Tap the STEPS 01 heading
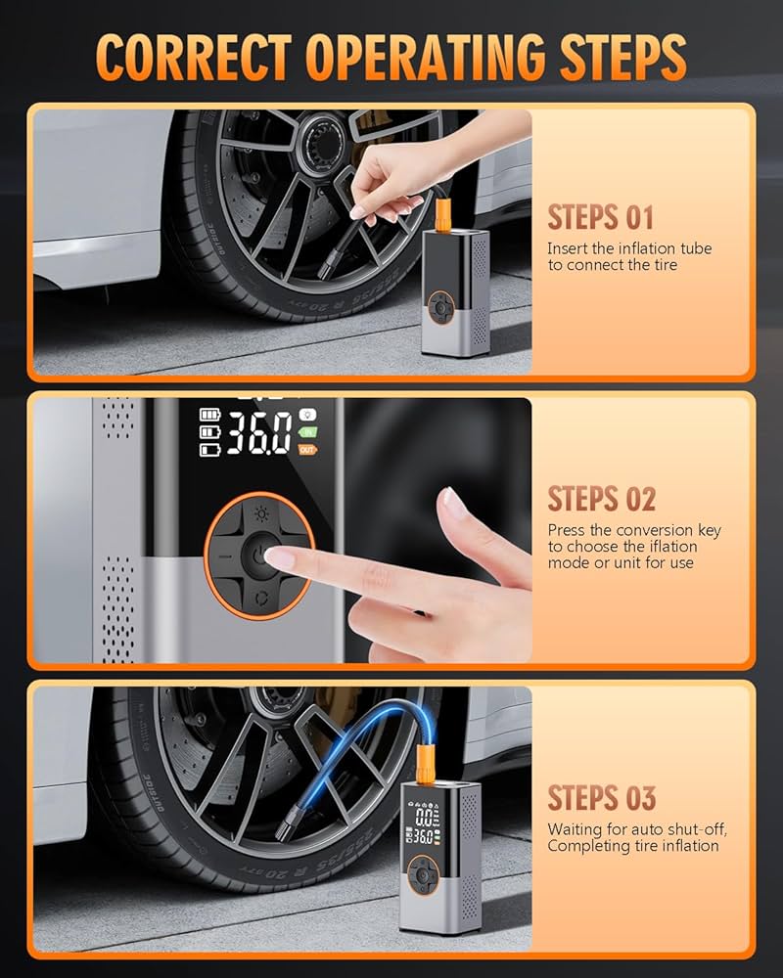[x=600, y=216]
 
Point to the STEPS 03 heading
[x=601, y=797]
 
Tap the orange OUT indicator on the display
[x=307, y=449]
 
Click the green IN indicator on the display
[x=307, y=431]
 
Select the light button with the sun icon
[x=259, y=513]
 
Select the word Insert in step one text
[x=568, y=248]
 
